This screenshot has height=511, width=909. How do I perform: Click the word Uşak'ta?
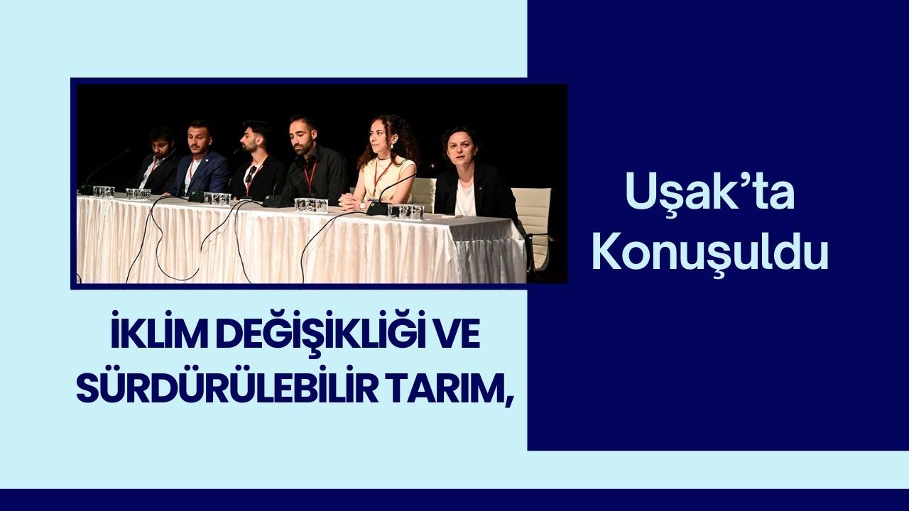[709, 192]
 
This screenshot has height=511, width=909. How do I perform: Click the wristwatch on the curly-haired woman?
[362, 205]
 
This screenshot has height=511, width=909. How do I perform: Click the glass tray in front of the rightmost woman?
[405, 211]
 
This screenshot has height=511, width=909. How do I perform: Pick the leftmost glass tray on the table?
[104, 192]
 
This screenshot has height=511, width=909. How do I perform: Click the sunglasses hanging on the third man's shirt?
[251, 174]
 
